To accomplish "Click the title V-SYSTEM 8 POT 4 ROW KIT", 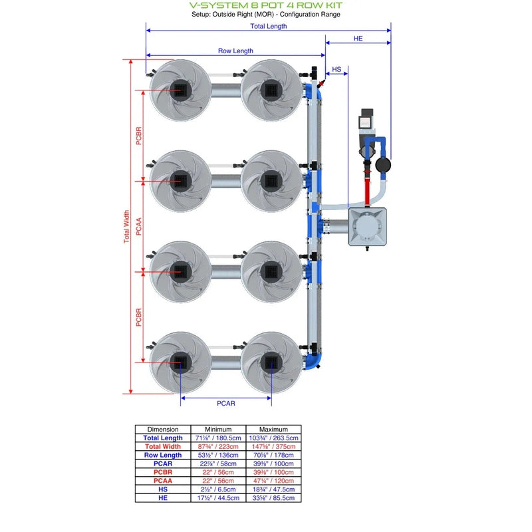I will (266, 5).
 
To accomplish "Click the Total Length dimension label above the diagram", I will (269, 27).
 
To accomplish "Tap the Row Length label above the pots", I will (235, 51).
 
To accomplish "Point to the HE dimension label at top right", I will (358, 39).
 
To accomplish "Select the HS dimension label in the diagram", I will (336, 69).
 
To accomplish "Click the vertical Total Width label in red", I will (126, 227).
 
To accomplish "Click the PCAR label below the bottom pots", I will (226, 403).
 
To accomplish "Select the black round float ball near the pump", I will (384, 164).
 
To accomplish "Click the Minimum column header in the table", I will (218, 430).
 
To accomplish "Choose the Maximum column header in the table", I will (274, 430).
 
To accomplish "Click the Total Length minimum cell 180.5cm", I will (218, 438).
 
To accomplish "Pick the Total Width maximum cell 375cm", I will (274, 447).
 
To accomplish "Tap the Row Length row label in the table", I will (163, 456).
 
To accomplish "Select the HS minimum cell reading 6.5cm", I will (218, 489).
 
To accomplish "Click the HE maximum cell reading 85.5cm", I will (274, 498).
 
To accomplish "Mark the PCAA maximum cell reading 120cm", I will (274, 481).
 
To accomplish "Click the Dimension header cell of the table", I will (163, 430).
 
